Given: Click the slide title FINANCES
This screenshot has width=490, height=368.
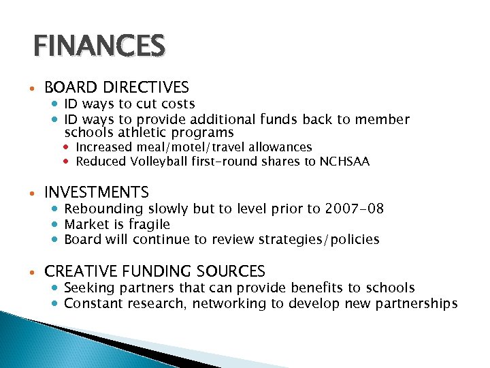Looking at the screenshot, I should [99, 46].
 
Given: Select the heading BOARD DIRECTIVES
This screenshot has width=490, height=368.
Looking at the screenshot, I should [116, 87].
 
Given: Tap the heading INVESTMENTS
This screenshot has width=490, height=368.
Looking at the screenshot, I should [97, 193].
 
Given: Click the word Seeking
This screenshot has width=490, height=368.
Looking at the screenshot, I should [88, 288].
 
